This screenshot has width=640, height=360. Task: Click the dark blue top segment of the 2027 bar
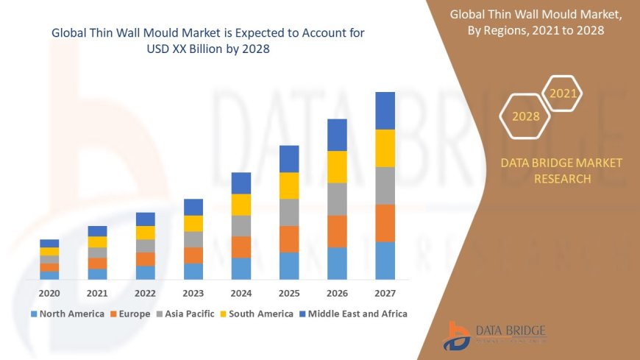(x=385, y=110)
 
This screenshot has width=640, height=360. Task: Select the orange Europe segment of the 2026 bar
(x=337, y=231)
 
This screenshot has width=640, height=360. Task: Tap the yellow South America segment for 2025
(x=289, y=186)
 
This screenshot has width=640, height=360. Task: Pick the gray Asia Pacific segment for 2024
(x=241, y=225)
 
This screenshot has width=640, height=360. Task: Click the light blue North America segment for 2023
(x=193, y=271)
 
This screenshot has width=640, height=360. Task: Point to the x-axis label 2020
(x=49, y=293)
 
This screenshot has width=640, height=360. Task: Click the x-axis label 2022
(x=145, y=293)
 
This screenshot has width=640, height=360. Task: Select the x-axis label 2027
(x=385, y=293)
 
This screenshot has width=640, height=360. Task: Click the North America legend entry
(x=67, y=314)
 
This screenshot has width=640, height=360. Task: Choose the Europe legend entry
(x=132, y=314)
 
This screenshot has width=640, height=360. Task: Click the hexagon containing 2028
(x=525, y=116)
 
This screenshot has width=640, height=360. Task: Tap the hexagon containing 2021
(x=563, y=93)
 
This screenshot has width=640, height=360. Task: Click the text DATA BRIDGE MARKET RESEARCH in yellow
(x=561, y=171)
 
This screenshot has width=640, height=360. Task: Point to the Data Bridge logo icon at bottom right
(x=458, y=336)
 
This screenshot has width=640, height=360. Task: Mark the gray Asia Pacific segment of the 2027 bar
(x=385, y=186)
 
